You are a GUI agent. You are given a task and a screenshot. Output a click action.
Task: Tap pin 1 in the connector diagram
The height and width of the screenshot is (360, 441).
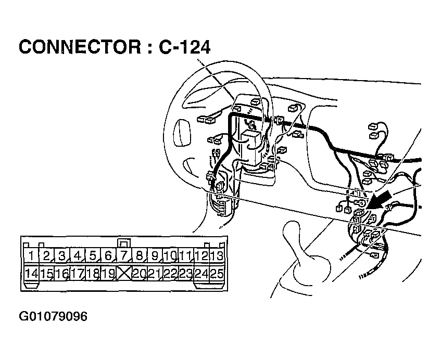coord(32,255)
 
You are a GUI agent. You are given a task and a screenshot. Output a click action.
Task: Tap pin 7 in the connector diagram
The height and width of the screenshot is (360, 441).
coord(124,255)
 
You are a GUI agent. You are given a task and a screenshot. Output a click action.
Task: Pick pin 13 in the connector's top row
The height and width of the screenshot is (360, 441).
coord(217,255)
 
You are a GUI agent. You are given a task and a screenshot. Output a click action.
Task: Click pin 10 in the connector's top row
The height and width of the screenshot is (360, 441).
coord(170,255)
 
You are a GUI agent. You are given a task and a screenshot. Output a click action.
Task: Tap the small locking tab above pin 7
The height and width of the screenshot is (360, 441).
coord(124,242)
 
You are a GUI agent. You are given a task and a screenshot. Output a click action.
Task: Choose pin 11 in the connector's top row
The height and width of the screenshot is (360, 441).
coord(186,255)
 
